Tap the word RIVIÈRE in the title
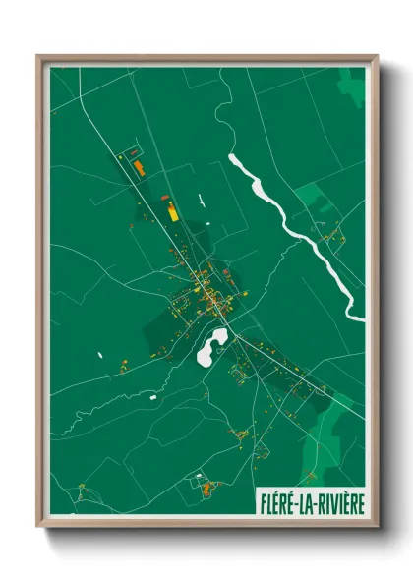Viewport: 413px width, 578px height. (x=339, y=503)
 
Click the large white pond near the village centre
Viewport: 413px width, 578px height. (x=212, y=345)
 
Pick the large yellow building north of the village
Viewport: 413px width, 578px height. (x=173, y=209)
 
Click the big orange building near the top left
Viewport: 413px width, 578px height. (x=140, y=168)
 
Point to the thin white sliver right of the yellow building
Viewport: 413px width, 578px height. (x=201, y=202)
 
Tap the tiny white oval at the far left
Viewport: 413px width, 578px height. (x=99, y=353)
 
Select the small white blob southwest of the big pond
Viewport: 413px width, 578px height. (x=154, y=396)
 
